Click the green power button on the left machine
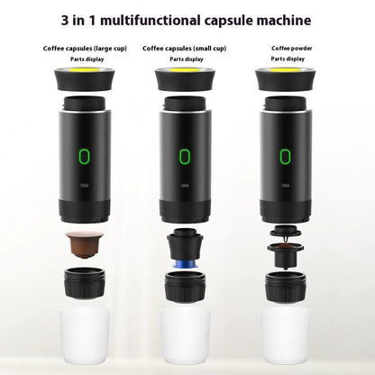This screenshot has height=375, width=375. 84,157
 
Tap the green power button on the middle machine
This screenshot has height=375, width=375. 185,157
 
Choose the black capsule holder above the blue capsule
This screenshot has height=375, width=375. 184,242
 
